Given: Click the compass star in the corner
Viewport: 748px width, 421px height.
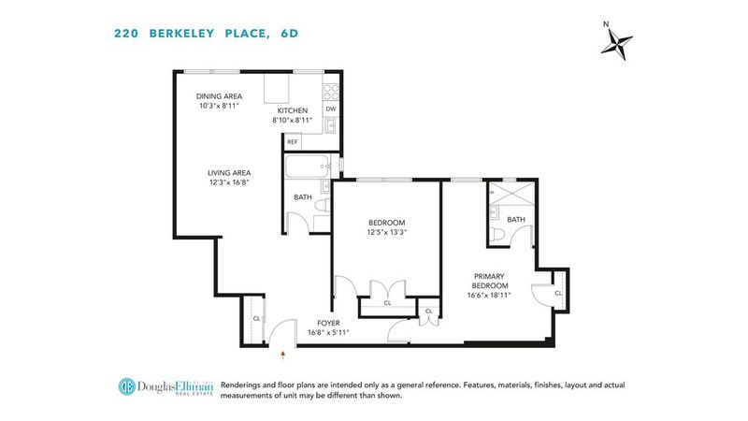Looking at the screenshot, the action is tap(616, 45).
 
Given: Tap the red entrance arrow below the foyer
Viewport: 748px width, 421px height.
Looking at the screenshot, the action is tap(283, 355).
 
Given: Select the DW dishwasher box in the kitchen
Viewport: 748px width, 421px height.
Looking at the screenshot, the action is tap(331, 109).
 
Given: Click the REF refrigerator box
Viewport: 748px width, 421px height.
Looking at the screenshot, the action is tap(293, 142).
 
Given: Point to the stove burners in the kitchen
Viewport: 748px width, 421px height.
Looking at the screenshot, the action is tap(331, 92).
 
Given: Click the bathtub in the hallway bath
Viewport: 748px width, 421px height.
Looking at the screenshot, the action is tap(308, 167).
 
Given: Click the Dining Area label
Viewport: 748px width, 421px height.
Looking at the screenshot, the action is tap(219, 96).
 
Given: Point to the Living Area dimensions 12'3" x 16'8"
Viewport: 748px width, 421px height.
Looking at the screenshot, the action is tap(229, 182).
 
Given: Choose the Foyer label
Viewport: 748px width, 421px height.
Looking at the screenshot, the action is tap(328, 323).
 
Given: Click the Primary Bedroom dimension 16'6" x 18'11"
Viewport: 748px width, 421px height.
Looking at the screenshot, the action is tap(489, 295).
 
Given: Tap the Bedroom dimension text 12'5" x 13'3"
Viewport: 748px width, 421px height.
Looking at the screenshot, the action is tap(386, 232).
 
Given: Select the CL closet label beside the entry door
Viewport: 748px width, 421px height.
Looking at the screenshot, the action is tap(256, 318).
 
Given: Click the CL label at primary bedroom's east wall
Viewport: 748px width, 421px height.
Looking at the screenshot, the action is tap(558, 293).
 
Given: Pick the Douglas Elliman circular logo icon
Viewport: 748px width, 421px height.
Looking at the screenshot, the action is tap(126, 386).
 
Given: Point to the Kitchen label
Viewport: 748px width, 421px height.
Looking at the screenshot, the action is tap(293, 110).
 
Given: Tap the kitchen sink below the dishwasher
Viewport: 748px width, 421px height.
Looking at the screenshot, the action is tap(331, 125).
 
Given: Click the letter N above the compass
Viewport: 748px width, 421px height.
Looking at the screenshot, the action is tap(606, 24).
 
